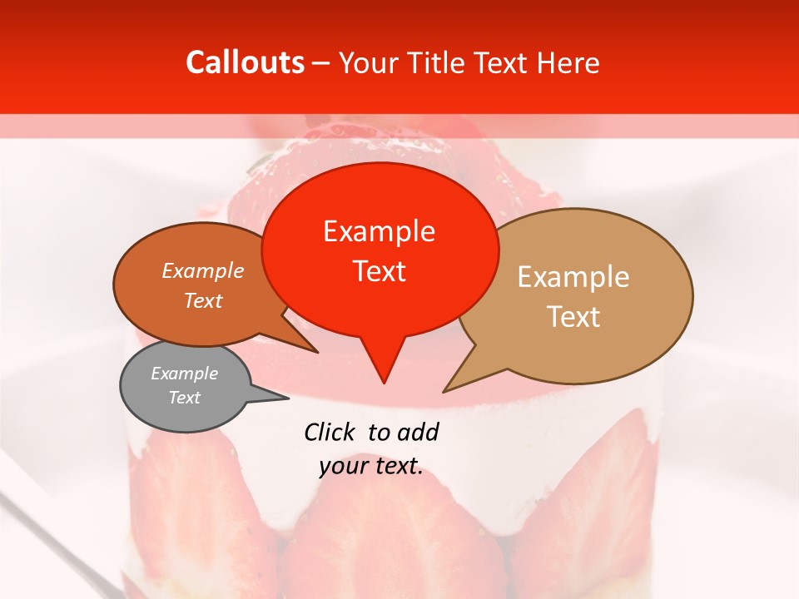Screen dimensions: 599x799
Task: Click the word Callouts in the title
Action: coord(245,62)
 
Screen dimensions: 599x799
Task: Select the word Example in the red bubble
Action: coord(379,231)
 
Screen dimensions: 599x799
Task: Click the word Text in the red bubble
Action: coord(379,271)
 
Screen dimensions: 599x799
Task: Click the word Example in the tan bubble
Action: coord(573,277)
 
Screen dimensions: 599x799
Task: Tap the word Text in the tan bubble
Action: coord(573,317)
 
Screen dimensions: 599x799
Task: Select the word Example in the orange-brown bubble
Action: coord(203,270)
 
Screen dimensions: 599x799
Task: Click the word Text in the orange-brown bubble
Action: coord(203,300)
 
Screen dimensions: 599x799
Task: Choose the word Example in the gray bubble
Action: coord(184,374)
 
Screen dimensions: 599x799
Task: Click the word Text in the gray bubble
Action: coord(184,398)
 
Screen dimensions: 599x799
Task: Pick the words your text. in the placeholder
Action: coord(371,467)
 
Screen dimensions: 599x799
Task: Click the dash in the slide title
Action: coord(322,63)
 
